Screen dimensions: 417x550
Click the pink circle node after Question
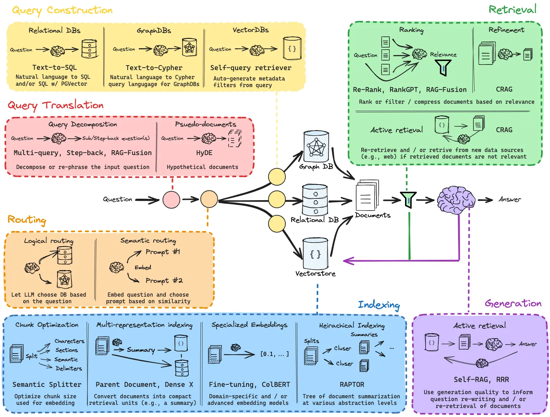coord(171,199)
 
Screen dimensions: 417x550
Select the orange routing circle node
coord(209,199)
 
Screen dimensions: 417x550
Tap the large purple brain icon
coord(456,200)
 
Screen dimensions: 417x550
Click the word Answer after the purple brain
coord(509,199)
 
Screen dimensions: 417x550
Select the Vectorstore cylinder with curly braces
coord(315,254)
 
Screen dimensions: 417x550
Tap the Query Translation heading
coord(56,105)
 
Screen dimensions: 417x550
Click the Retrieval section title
coord(512,10)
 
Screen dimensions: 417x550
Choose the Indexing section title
coord(379,305)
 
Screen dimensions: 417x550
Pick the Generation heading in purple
coord(513,304)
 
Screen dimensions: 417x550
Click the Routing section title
coord(27,220)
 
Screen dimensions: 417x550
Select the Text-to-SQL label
coord(54,68)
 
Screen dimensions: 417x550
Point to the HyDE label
coord(204,153)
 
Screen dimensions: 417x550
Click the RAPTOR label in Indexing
coord(352,385)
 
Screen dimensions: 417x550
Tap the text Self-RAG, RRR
coord(481,380)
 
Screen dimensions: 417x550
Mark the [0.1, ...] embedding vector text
coord(274,354)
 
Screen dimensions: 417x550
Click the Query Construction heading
coord(62,10)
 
